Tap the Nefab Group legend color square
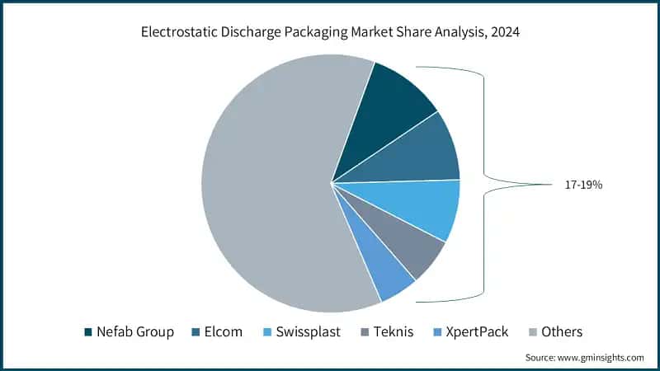click(x=88, y=331)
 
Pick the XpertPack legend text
click(x=478, y=331)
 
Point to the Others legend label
click(x=561, y=331)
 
